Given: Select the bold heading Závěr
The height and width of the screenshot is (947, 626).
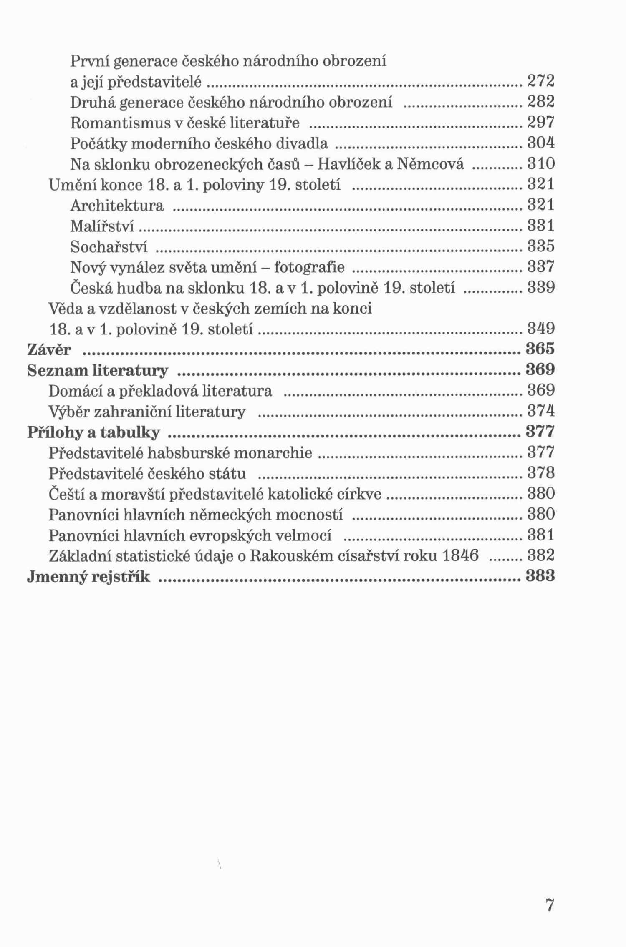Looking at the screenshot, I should point(49,349).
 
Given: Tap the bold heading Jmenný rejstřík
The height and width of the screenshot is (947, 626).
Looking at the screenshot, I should point(88,577).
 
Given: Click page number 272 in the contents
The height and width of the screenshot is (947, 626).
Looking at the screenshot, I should point(541,81).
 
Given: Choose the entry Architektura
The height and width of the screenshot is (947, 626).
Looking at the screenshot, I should point(117,206).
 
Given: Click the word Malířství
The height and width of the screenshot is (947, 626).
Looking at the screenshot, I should point(102,226).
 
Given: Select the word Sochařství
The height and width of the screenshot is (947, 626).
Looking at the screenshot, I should point(109,247).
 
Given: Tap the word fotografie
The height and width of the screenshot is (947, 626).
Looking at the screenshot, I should point(309,267).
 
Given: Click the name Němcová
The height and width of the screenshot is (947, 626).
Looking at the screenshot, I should point(430,164).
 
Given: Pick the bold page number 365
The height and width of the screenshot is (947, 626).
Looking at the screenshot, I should point(540,349).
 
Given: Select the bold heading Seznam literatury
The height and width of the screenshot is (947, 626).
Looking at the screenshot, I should point(98,370).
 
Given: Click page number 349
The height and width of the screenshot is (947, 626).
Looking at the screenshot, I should point(541,329).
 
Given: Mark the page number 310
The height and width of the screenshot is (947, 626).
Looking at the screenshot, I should point(541,164).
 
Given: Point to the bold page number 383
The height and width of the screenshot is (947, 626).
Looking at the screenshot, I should point(540,576).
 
